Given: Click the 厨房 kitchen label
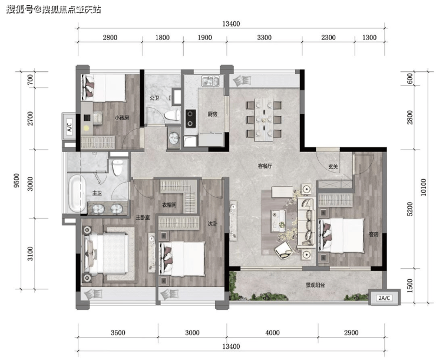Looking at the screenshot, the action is click(213, 114).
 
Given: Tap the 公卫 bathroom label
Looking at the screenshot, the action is click(154, 98).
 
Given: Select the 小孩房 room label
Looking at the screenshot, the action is click(122, 118).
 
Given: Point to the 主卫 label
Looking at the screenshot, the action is click(97, 193).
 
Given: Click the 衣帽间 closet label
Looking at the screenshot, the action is click(169, 205).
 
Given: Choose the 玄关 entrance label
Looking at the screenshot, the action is click(333, 167).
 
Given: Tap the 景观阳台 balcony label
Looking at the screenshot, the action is click(315, 285).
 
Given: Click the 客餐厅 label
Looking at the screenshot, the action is click(265, 166).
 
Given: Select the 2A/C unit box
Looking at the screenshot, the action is click(384, 298).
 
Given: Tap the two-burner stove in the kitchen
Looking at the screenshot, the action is click(190, 118).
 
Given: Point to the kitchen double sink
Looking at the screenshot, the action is click(210, 81).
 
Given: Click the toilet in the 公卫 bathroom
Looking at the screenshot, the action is click(172, 115).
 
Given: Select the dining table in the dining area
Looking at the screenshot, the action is click(263, 119).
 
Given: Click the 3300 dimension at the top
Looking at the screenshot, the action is click(264, 38).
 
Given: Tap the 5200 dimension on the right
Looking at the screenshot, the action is click(410, 209).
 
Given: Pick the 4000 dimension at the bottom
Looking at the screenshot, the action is click(272, 332).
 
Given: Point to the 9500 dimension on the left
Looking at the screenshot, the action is click(16, 180).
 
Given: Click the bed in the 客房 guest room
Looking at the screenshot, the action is click(342, 236).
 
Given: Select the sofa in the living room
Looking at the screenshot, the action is click(306, 222).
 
